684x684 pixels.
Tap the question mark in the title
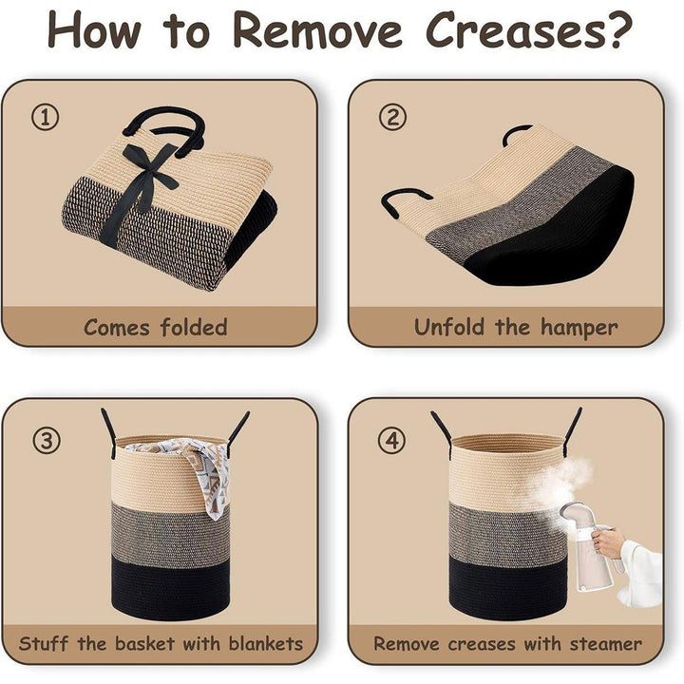(x=618, y=28)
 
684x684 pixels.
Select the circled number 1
(x=45, y=117)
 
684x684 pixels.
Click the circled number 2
(x=392, y=117)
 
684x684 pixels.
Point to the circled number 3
(x=46, y=440)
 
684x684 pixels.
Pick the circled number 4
(x=391, y=440)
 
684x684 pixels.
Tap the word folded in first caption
(x=194, y=327)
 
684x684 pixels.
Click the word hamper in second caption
(x=579, y=328)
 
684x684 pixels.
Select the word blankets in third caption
(x=266, y=643)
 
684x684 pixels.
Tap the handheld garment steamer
(x=589, y=545)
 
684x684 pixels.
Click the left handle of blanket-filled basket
(x=109, y=433)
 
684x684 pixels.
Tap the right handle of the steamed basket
(x=572, y=432)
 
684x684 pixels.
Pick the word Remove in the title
(x=318, y=29)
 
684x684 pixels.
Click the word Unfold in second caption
(x=449, y=327)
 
